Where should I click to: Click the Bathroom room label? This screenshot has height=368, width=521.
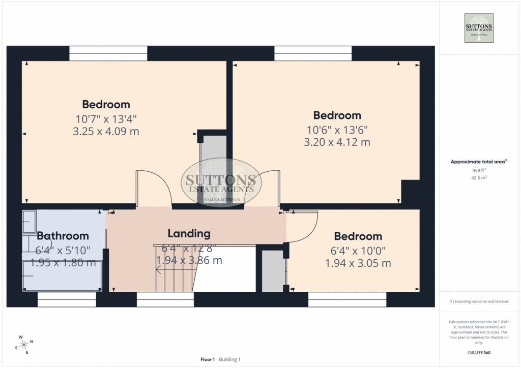pyautogui.click(x=63, y=236)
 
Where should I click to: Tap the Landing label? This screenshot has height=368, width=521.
pyautogui.click(x=189, y=234)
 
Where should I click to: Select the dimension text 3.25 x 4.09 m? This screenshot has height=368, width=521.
pyautogui.click(x=106, y=132)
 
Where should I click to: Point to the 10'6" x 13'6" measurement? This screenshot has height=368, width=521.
pyautogui.click(x=337, y=130)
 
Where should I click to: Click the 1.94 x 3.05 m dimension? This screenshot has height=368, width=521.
pyautogui.click(x=358, y=263)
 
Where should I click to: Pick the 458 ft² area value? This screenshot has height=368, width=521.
pyautogui.click(x=479, y=170)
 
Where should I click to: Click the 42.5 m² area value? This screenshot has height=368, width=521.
pyautogui.click(x=479, y=177)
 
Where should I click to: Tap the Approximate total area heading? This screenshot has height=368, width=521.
pyautogui.click(x=479, y=162)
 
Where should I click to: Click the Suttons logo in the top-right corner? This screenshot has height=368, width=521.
pyautogui.click(x=479, y=28)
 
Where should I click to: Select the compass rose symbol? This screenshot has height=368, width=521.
pyautogui.click(x=24, y=345)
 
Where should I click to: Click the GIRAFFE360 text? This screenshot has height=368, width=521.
pyautogui.click(x=479, y=353)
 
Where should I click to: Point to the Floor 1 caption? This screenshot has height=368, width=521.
pyautogui.click(x=208, y=359)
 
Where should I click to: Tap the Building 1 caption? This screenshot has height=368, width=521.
pyautogui.click(x=229, y=359)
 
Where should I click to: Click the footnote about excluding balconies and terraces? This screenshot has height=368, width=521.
pyautogui.click(x=479, y=301)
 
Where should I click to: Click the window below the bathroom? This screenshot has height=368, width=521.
pyautogui.click(x=67, y=299)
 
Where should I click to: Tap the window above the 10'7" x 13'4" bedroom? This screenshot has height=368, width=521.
pyautogui.click(x=108, y=53)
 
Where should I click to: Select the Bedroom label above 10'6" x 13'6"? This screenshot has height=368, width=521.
pyautogui.click(x=337, y=115)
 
